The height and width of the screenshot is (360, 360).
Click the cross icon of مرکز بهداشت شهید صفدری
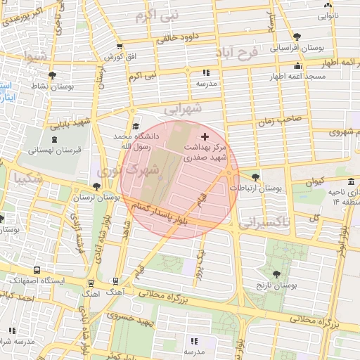click(205, 136)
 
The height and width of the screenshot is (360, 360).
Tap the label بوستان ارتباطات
click(260, 188)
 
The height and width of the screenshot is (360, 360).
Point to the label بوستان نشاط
click(49, 86)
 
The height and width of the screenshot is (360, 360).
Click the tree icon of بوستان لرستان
click(96, 186)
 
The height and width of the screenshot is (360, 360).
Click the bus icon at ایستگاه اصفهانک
click(37, 270)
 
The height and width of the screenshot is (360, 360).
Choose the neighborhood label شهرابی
click(184, 108)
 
